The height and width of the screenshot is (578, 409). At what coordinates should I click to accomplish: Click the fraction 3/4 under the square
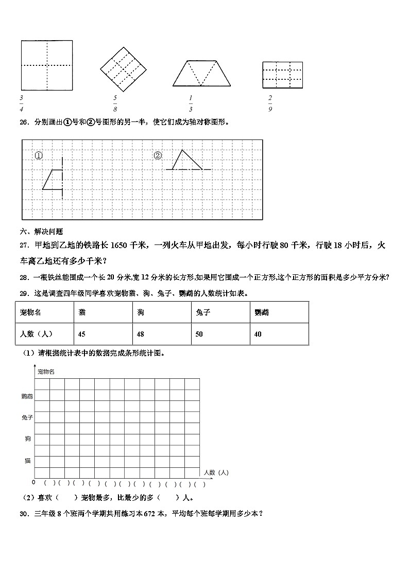point(21,103)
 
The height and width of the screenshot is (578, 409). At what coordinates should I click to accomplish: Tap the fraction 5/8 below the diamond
point(115,103)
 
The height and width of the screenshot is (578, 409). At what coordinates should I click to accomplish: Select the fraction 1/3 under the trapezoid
point(190,103)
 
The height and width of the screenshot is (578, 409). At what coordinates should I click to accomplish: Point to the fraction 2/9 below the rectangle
point(270,103)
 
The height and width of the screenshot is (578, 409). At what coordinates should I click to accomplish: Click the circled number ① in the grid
point(39,155)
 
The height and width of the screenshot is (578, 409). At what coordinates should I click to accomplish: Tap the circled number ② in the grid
point(158,155)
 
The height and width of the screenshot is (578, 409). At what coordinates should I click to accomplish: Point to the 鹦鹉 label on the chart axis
point(27,396)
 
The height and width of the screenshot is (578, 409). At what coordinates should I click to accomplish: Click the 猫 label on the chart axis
point(28,461)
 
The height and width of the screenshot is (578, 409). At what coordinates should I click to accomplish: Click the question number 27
point(24,246)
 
